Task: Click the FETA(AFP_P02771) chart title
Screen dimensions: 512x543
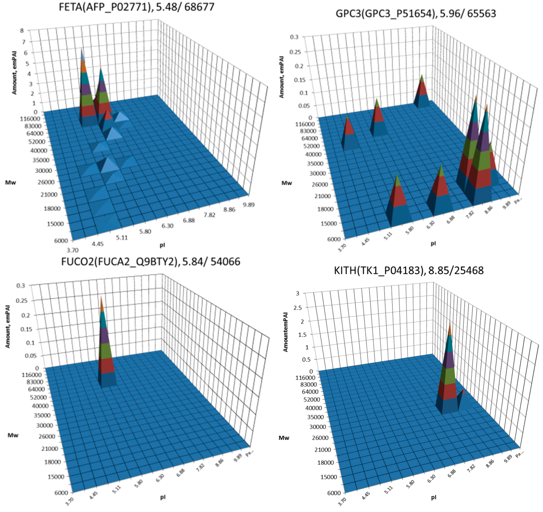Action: (136, 7)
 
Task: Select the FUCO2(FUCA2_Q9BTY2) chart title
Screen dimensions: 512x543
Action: (150, 261)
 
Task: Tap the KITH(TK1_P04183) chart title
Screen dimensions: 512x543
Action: (409, 270)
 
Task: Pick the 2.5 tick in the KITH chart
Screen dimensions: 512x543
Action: (297, 308)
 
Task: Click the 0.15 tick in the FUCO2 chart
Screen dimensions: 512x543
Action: (26, 329)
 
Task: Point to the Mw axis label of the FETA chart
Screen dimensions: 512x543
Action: (10, 182)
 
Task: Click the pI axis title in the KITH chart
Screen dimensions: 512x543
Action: (433, 497)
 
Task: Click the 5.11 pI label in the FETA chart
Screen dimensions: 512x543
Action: (122, 237)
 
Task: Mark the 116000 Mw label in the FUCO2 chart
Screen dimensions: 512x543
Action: (31, 375)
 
